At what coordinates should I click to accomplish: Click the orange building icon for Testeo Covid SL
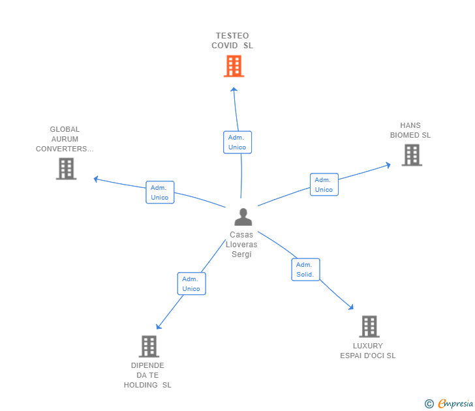tap(234, 66)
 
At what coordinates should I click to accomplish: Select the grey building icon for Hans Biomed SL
tap(411, 155)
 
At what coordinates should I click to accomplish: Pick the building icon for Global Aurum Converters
tap(66, 169)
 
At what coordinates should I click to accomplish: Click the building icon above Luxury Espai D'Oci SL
tap(369, 326)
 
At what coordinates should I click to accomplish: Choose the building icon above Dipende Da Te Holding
tap(149, 346)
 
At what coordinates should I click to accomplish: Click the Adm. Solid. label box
tap(305, 269)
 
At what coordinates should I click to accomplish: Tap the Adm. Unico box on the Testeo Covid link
tap(237, 142)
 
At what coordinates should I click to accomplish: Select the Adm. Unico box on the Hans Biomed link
tap(324, 185)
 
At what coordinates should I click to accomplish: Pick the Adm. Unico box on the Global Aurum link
tap(160, 192)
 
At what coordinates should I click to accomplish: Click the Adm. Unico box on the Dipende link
tap(191, 284)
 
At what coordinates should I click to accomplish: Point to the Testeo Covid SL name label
tap(232, 40)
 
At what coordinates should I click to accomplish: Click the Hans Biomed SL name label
tap(410, 130)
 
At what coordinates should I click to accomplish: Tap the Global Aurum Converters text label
tap(65, 139)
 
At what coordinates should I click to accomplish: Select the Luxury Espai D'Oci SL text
tap(368, 351)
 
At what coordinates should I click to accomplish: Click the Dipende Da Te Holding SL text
tap(147, 375)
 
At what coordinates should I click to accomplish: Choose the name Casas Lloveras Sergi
tap(241, 245)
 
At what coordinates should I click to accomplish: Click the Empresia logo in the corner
tap(450, 404)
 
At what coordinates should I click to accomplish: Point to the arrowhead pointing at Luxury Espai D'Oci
tap(351, 307)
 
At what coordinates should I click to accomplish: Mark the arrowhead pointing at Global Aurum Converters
tap(96, 178)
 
